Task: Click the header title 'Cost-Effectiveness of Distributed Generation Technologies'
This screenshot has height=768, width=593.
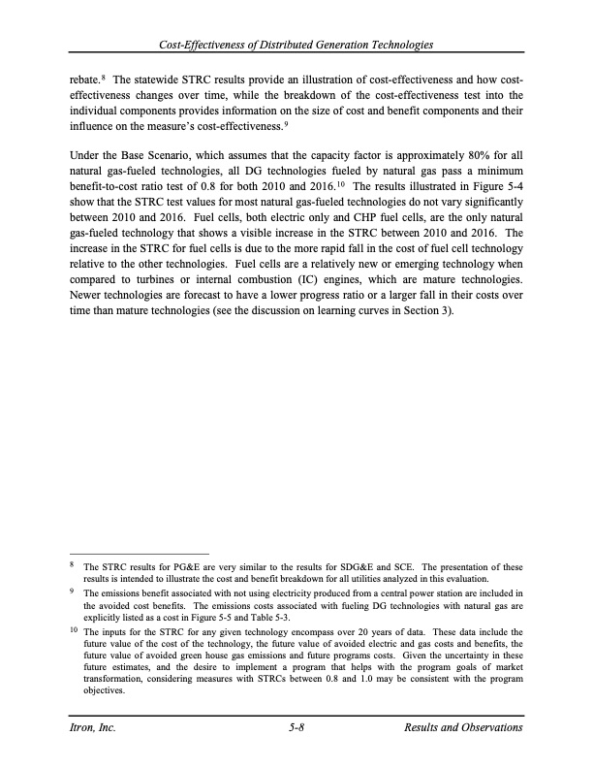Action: pyautogui.click(x=296, y=45)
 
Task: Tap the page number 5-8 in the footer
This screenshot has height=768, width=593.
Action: pyautogui.click(x=296, y=727)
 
